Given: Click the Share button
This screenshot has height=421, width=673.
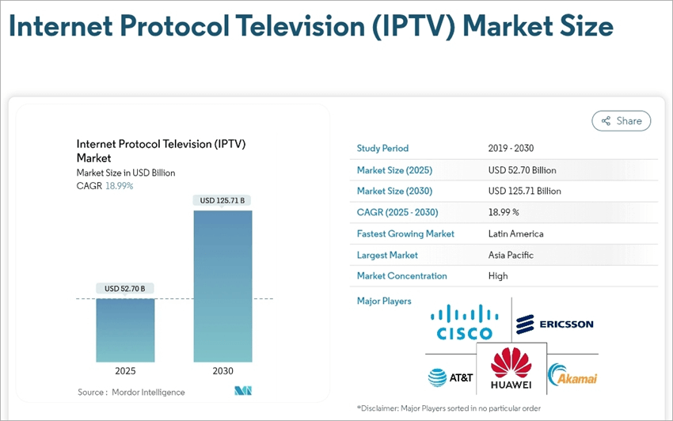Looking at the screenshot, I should [622, 121].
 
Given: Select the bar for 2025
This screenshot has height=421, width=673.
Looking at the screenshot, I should [125, 329].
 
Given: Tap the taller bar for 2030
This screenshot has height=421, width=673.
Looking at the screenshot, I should [222, 285].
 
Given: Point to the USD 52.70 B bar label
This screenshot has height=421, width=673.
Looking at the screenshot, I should [125, 289].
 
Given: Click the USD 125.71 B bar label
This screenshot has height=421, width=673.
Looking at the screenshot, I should [222, 201].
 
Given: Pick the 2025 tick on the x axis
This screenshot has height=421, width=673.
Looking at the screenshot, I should [125, 371].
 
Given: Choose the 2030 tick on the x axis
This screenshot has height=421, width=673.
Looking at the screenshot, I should [222, 371].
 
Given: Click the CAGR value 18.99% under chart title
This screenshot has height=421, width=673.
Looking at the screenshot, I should [119, 186].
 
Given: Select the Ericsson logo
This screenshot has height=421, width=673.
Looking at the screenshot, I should [554, 324].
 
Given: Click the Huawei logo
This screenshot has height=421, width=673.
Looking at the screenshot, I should [511, 369].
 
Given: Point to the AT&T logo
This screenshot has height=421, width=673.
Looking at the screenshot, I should [451, 377].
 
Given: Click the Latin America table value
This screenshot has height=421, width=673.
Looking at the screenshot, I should [516, 233].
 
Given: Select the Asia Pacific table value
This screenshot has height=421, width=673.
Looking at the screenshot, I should [511, 255].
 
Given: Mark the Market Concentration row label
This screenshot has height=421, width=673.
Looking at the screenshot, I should [402, 276].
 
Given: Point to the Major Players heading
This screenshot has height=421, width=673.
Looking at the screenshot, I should [384, 302].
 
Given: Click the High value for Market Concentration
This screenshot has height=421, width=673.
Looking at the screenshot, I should [498, 276].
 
